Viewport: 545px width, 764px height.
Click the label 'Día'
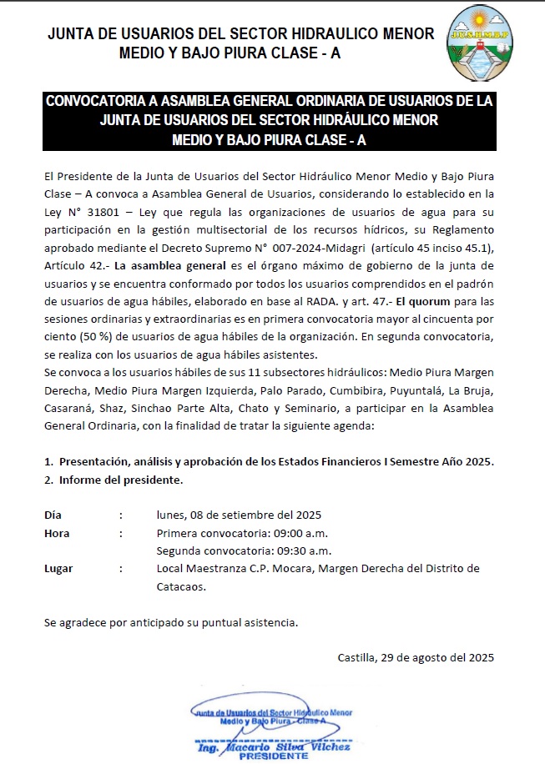coord(53,515)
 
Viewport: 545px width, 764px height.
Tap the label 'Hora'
coord(57,533)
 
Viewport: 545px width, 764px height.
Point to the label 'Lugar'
coord(58,569)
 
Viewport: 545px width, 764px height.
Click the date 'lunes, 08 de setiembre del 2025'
coord(239,515)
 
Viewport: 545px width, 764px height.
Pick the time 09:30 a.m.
coord(304,550)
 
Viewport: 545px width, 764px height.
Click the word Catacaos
coord(180,586)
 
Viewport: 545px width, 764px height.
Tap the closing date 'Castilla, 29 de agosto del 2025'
coord(416,657)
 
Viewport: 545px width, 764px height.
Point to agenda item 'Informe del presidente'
coord(120,480)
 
